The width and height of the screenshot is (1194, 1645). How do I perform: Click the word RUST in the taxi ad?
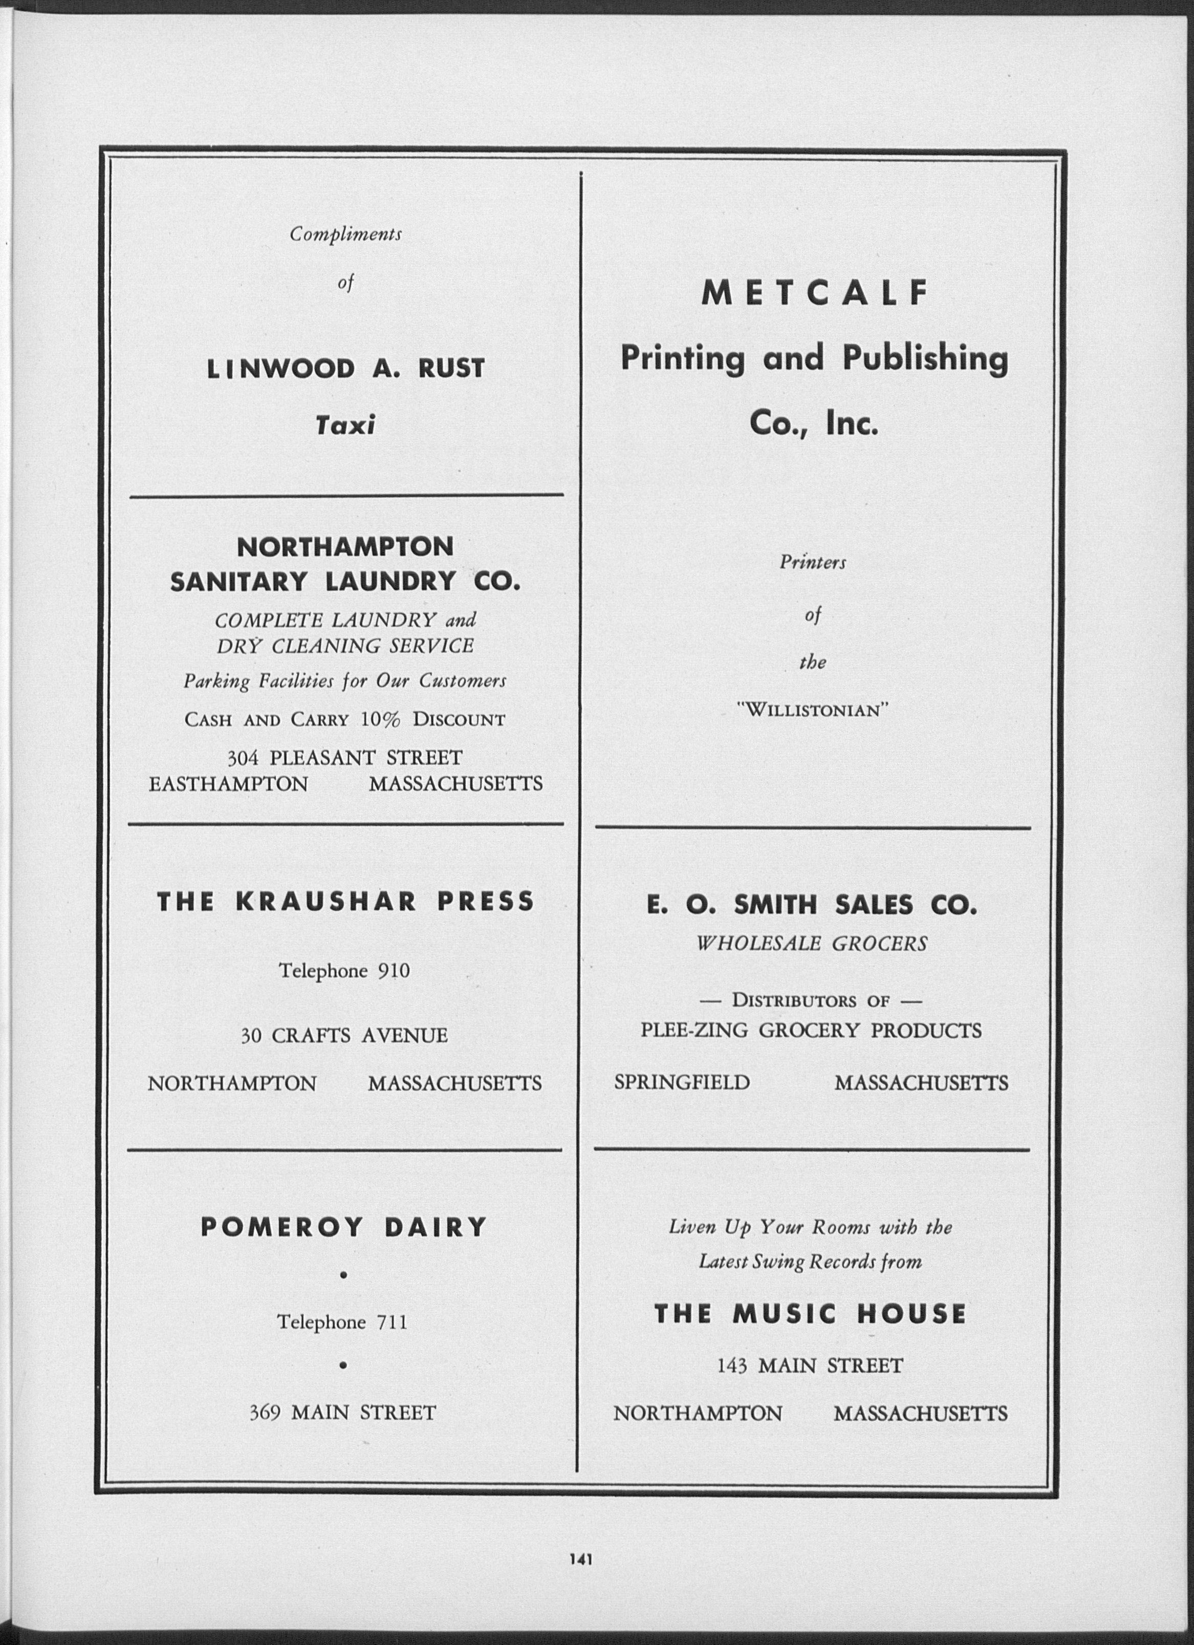click(x=451, y=369)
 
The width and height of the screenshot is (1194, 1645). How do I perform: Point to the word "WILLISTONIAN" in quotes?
click(x=812, y=710)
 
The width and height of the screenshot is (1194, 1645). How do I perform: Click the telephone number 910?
click(x=394, y=971)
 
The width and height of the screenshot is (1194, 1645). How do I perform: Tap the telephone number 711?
click(x=392, y=1322)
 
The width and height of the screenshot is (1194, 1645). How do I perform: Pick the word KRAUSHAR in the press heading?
click(x=326, y=901)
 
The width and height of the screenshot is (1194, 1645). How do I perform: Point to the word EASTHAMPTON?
click(x=228, y=784)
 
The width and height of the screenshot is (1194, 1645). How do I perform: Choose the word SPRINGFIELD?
click(x=682, y=1082)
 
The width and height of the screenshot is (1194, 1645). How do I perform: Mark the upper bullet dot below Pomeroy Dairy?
click(x=343, y=1274)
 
